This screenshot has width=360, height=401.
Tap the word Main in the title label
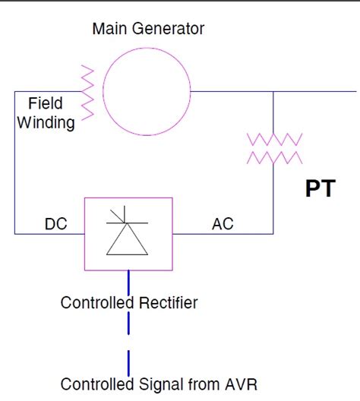tap(109, 30)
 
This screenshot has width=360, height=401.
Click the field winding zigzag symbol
tap(87, 92)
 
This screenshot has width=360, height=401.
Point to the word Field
tap(45, 104)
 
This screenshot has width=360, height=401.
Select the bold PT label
tap(320, 188)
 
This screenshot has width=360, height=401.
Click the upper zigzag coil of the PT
tap(274, 139)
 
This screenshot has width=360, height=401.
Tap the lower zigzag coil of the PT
tap(274, 157)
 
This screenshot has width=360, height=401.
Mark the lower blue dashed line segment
tap(129, 358)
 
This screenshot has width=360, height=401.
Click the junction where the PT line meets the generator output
tap(274, 92)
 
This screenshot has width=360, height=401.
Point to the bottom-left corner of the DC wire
tap(14, 233)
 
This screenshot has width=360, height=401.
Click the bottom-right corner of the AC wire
tap(274, 233)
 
